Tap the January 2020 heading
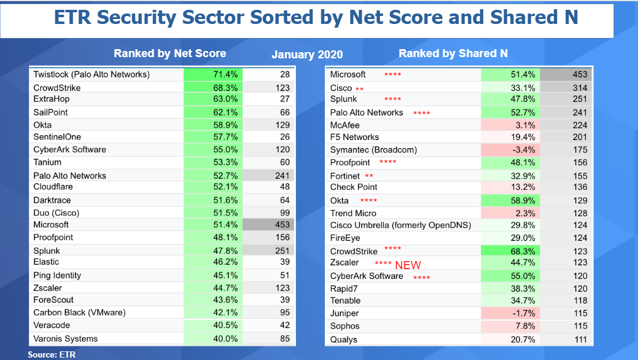point(307,55)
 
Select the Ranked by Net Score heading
point(169,53)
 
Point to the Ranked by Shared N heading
point(453,53)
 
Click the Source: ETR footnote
point(52,354)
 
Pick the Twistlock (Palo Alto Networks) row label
point(91,74)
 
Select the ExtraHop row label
point(51,99)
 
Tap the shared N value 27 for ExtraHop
point(285,99)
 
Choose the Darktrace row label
point(52,200)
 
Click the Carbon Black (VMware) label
point(79,312)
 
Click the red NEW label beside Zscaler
point(408,265)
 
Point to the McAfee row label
point(344,125)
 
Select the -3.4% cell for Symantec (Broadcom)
point(511,150)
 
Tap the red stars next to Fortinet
point(369,176)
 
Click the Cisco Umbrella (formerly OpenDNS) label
point(400,225)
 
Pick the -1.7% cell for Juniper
point(511,313)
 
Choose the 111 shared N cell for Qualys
point(580,340)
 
